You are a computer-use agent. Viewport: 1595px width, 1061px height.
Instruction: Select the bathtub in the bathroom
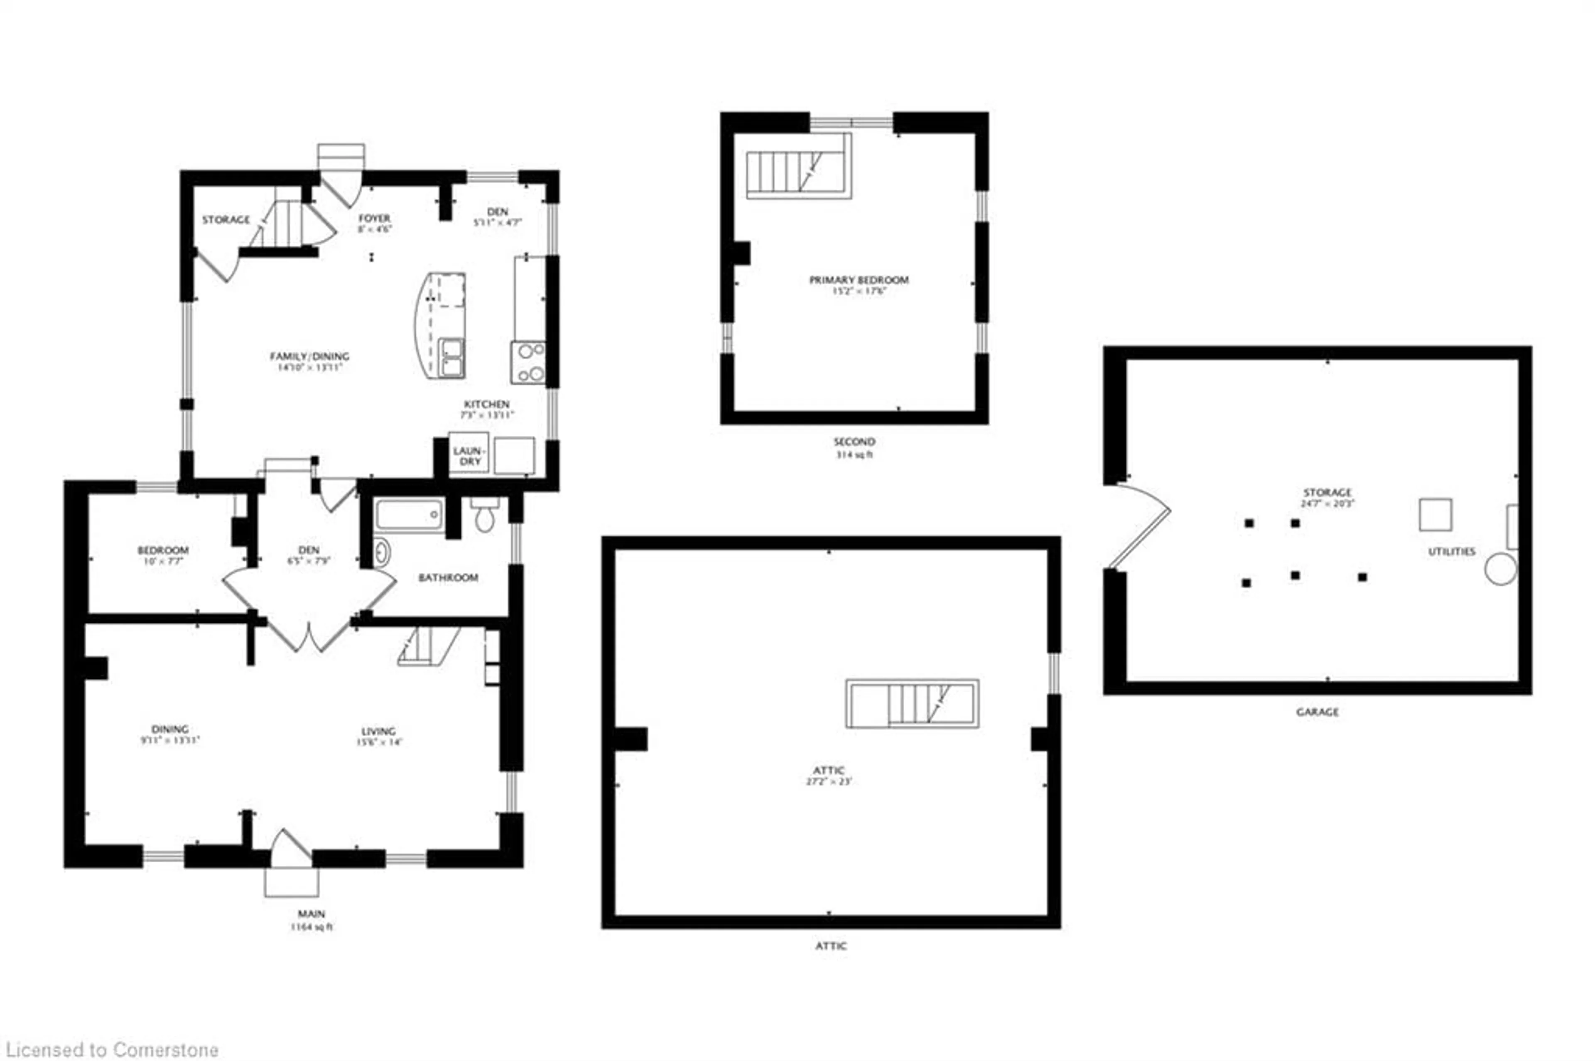point(409,516)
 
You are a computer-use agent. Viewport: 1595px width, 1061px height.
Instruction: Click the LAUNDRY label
point(469,455)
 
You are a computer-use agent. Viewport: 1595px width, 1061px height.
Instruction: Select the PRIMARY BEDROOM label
point(859,280)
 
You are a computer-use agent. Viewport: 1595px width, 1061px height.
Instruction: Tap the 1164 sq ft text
point(312,927)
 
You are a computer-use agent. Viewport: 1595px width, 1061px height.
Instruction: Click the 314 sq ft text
point(854,455)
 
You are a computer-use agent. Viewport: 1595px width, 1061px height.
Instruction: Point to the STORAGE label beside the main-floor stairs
point(225,220)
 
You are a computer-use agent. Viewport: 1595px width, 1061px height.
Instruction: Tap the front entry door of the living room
point(291,849)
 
